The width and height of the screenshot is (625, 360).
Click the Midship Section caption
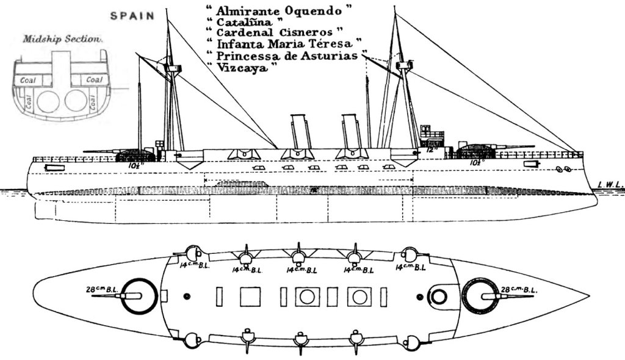tap(61, 39)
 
